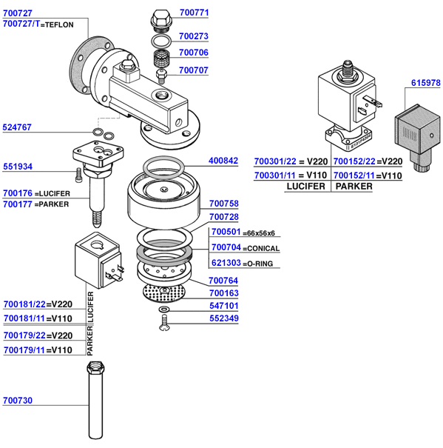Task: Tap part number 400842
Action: point(223,160)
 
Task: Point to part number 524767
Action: point(18,127)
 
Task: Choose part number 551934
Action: point(18,167)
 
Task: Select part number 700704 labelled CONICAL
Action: point(226,248)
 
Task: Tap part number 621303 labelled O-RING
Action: point(226,263)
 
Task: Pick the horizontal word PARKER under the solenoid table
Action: point(354,187)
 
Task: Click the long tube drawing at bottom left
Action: point(95,404)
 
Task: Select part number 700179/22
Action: point(24,335)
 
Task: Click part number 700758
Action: point(223,203)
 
